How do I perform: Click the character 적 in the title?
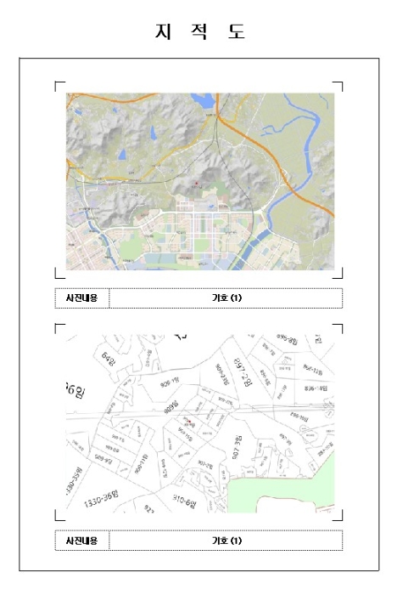[x=198, y=31]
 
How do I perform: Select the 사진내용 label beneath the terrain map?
[x=82, y=297]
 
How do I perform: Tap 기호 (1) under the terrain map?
[x=226, y=297]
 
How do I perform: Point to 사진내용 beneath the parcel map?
[x=82, y=540]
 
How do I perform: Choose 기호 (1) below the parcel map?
[x=226, y=540]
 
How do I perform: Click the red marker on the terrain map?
[x=196, y=182]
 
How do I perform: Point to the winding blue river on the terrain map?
[x=288, y=127]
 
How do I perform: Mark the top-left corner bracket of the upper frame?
[x=58, y=85]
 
